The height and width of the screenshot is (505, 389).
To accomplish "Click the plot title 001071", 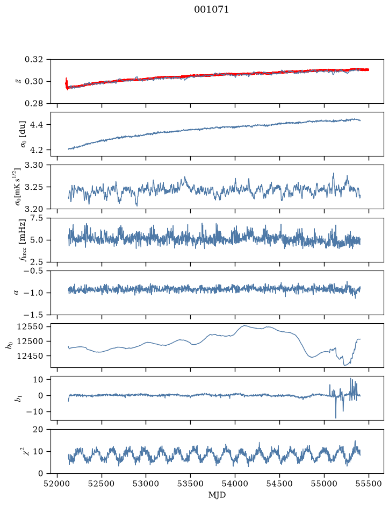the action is pyautogui.click(x=211, y=10).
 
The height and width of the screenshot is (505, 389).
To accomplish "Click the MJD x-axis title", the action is pyautogui.click(x=217, y=495).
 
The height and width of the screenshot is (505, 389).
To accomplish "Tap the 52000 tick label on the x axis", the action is pyautogui.click(x=57, y=484).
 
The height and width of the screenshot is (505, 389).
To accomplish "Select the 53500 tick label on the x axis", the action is pyautogui.click(x=191, y=484).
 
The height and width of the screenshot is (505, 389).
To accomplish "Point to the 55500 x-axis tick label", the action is pyautogui.click(x=369, y=484).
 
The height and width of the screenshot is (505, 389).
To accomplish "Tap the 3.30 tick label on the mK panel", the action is pyautogui.click(x=33, y=165).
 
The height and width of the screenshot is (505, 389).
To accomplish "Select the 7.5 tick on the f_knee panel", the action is pyautogui.click(x=37, y=218).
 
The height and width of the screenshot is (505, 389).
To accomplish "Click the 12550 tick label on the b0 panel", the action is pyautogui.click(x=30, y=326).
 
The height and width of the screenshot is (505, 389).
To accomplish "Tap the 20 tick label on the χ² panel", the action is pyautogui.click(x=38, y=430).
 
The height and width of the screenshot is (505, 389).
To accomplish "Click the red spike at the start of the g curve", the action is pyautogui.click(x=67, y=83).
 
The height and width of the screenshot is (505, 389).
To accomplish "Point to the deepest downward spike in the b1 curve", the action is pyautogui.click(x=336, y=417).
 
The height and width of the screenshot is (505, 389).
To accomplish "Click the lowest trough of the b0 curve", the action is pyautogui.click(x=344, y=365).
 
